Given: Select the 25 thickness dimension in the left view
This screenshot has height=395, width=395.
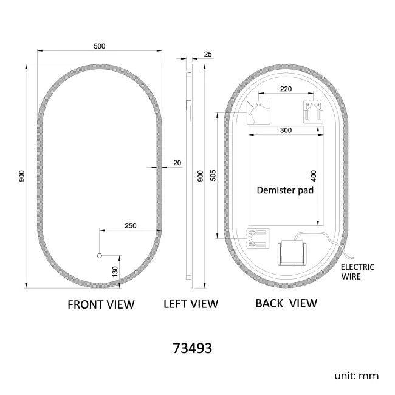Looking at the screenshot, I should (208, 54).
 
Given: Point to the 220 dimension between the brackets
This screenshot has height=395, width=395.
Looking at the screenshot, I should (286, 89).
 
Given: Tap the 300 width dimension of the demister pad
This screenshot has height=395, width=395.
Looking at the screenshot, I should (286, 130).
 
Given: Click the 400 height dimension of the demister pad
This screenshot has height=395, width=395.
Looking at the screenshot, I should (314, 177).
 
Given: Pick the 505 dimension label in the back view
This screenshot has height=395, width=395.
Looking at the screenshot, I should (212, 175).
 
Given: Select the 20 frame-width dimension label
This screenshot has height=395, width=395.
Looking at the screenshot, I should (177, 163).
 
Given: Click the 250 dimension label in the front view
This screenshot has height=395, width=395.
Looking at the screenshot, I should (130, 225).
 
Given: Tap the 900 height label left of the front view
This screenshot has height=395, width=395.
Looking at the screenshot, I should (21, 176).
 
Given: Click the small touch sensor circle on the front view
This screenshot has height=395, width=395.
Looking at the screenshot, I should (100, 256).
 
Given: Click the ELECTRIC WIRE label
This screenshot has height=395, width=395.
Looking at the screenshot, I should (357, 271).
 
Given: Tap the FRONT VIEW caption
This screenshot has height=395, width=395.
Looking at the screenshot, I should (100, 304).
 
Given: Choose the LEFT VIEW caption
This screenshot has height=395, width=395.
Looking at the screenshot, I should (191, 304).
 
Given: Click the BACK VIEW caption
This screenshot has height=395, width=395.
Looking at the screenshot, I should (286, 303).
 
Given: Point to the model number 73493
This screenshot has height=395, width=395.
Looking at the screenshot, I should (193, 349).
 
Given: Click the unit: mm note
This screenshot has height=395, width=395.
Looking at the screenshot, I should (356, 376).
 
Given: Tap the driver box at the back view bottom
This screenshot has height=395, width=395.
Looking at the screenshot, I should (293, 253).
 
